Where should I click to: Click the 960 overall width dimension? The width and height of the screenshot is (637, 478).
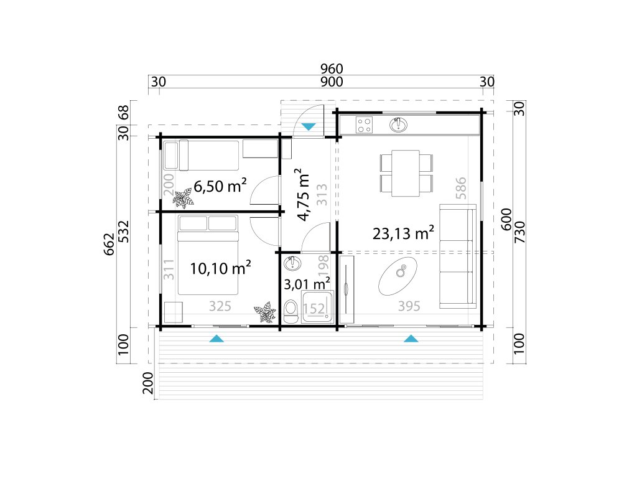tap(332, 68)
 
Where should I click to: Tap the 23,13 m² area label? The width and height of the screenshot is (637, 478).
tap(403, 233)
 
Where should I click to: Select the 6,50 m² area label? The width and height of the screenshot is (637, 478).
tap(220, 185)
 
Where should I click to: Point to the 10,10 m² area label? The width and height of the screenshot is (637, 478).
tap(220, 268)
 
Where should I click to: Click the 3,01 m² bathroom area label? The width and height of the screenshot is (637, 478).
tap(306, 284)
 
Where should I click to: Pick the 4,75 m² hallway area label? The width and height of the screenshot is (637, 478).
tap(304, 194)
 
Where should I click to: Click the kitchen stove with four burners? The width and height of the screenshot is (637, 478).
tap(365, 124)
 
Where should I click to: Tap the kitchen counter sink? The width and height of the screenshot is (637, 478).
tap(399, 124)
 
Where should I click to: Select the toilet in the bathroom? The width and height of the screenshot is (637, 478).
tap(291, 312)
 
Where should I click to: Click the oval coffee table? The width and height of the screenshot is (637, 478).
tap(398, 276)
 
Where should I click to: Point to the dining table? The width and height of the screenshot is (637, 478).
tap(406, 173)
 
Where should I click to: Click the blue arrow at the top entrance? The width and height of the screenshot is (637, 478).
tap(309, 127)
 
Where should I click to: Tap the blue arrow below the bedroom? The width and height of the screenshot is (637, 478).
tap(216, 338)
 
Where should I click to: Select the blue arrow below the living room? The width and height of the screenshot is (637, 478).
tap(411, 338)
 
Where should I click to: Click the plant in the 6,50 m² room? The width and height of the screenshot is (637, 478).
tap(184, 198)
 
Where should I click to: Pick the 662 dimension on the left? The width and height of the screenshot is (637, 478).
tap(109, 244)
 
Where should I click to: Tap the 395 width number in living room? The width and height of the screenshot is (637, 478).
tap(409, 306)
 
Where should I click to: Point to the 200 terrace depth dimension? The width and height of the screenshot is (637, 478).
tap(148, 383)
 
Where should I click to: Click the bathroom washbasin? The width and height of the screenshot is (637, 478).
tap(292, 263)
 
